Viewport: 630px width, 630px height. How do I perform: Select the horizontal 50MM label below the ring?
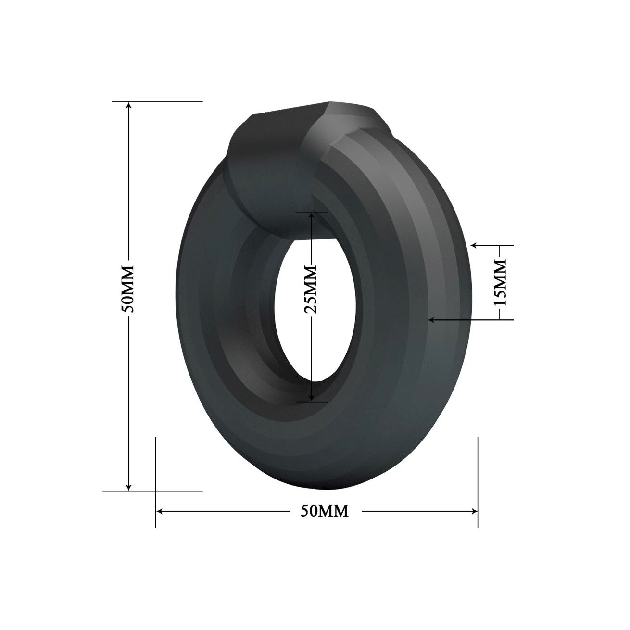pyautogui.click(x=324, y=511)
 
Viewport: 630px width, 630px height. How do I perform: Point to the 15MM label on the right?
pyautogui.click(x=500, y=282)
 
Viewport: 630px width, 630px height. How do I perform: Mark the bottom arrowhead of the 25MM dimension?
pyautogui.click(x=312, y=398)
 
